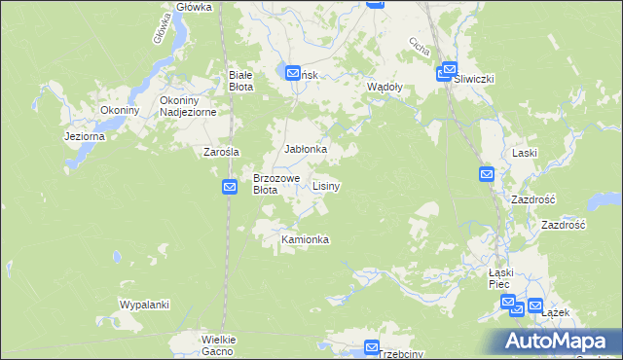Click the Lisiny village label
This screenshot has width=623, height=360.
[326, 185]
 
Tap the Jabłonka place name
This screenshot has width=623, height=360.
[305, 149]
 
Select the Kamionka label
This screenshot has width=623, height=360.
[305, 239]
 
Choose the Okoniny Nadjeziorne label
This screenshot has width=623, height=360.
[193, 105]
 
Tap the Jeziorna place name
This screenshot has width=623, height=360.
[84, 137]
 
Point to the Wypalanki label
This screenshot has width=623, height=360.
[144, 305]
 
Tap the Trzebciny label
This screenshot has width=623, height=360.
[401, 354]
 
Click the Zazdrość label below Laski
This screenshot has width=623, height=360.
[532, 198]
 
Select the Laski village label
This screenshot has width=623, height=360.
[525, 154]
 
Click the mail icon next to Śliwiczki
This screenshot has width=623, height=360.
[448, 70]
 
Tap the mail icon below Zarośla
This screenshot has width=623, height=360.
[231, 187]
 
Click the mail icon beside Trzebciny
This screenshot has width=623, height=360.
[371, 347]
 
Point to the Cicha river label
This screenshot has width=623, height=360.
[420, 47]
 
